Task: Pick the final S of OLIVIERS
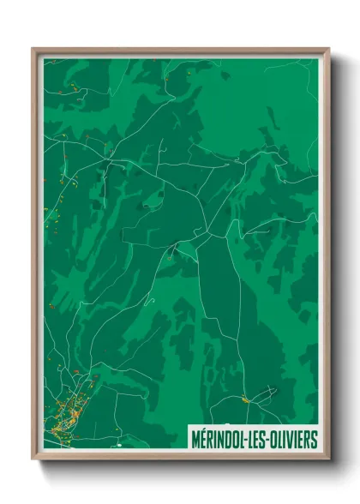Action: (315, 440)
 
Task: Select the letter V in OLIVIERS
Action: (292, 440)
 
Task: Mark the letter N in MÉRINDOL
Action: (220, 440)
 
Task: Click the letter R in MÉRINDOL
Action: (209, 440)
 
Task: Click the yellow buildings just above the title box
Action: (245, 399)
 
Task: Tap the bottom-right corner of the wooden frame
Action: (328, 460)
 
